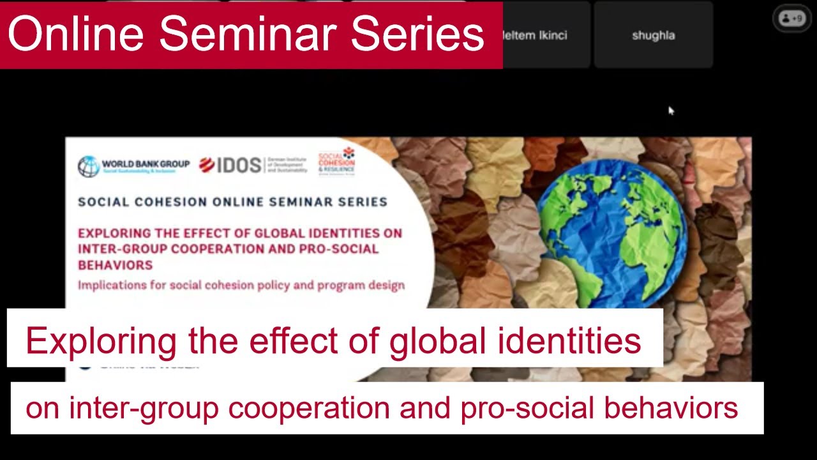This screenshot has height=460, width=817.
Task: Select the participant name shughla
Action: (x=653, y=36)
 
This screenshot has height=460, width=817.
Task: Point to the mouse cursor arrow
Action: (x=671, y=111)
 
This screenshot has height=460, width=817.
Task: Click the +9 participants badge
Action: (x=791, y=19)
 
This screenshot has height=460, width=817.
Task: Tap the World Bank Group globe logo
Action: (x=88, y=166)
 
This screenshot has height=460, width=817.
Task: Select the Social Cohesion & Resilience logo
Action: (x=337, y=161)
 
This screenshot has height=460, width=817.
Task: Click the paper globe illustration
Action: (x=611, y=236)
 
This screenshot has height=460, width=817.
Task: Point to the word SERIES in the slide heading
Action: (x=359, y=202)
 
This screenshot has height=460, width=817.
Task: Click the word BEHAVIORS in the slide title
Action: (x=116, y=264)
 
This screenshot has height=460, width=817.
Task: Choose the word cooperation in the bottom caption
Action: (x=309, y=408)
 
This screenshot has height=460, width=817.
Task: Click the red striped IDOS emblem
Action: (x=207, y=165)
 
